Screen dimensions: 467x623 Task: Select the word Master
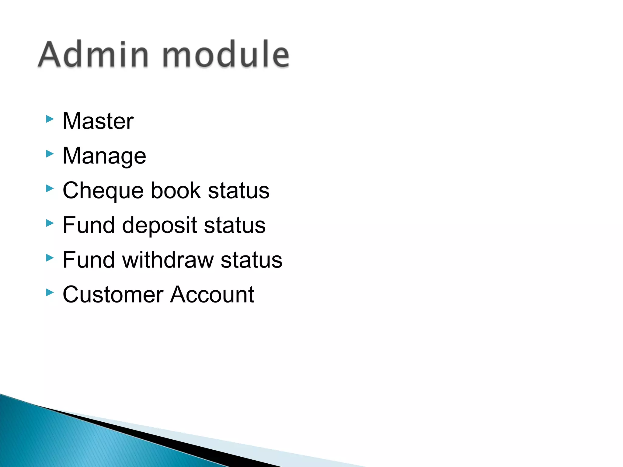(98, 121)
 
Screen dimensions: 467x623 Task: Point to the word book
(176, 191)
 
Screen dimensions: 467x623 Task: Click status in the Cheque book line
(239, 191)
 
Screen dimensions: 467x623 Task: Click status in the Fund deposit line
(235, 225)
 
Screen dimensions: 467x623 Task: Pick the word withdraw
(168, 260)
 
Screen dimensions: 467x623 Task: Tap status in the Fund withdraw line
(252, 260)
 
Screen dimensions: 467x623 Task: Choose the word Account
(212, 295)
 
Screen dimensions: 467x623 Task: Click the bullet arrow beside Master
(50, 119)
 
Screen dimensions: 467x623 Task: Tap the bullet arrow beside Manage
(50, 154)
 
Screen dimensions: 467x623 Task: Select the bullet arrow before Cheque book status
(50, 189)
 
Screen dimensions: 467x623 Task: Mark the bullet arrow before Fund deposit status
(50, 223)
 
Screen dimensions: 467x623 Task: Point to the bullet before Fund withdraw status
(50, 258)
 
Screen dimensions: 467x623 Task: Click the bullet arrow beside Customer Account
(50, 293)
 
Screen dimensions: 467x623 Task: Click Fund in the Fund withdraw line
(89, 260)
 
